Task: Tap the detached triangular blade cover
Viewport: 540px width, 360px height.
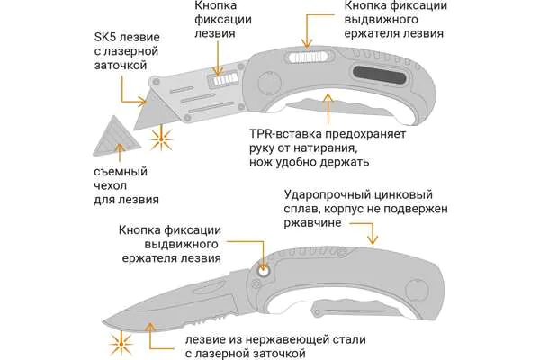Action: pyautogui.click(x=116, y=138)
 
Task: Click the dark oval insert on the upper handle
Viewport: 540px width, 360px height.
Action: pyautogui.click(x=380, y=75)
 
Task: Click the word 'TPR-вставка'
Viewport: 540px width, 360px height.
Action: pyautogui.click(x=286, y=134)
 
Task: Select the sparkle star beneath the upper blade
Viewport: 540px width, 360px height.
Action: pyautogui.click(x=161, y=139)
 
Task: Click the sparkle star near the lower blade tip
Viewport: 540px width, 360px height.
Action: pyautogui.click(x=121, y=345)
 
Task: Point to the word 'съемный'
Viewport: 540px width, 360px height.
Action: pyautogui.click(x=121, y=172)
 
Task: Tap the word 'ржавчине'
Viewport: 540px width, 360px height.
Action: pyautogui.click(x=312, y=223)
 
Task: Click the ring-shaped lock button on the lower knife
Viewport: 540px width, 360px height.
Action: pyautogui.click(x=263, y=272)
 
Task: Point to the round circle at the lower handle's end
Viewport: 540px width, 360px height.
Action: pyautogui.click(x=417, y=290)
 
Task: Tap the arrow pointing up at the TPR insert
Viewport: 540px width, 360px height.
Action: pyautogui.click(x=328, y=109)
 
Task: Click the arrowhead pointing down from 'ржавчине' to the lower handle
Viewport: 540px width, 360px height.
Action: pyautogui.click(x=373, y=239)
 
